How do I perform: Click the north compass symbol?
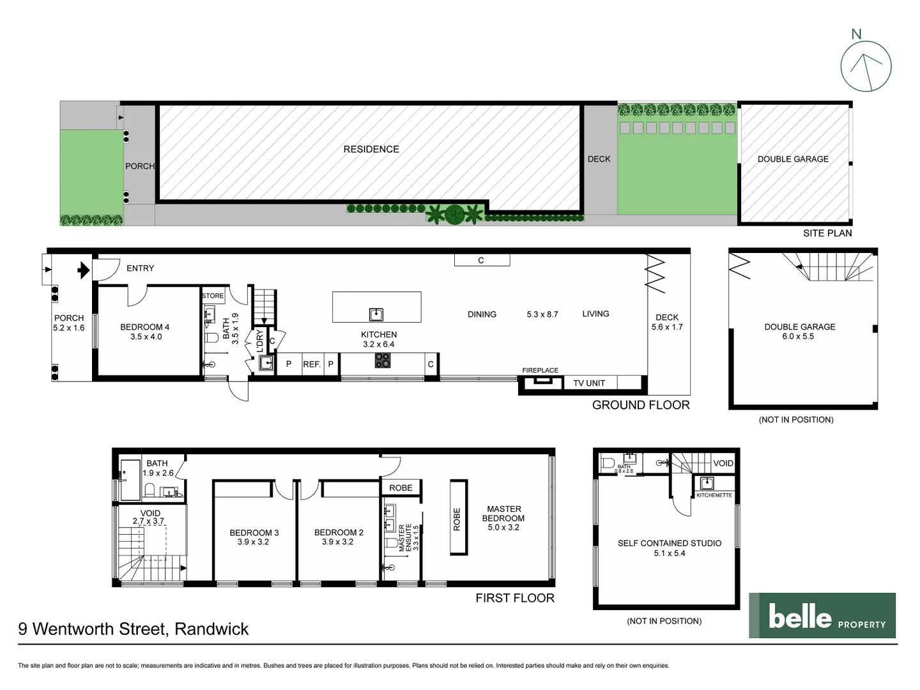[x=865, y=66]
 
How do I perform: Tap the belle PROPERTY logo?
[x=822, y=615]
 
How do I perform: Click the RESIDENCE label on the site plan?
[x=371, y=149]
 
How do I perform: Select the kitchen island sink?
[x=376, y=314]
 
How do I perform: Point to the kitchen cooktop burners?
[x=382, y=360]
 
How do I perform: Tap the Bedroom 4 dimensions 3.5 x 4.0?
[x=146, y=337]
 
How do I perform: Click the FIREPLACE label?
[x=540, y=371]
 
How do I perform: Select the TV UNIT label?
[x=588, y=383]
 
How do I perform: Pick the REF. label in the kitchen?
[x=311, y=364]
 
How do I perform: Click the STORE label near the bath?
[x=213, y=296]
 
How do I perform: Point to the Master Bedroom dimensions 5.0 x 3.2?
[x=503, y=528]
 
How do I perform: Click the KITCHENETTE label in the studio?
[x=714, y=495]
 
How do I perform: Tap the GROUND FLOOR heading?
[x=641, y=405]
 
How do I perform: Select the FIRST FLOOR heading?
[x=515, y=598]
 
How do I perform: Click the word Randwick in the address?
[x=211, y=629]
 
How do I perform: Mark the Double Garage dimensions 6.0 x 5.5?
[x=798, y=337]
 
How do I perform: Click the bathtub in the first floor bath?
[x=131, y=480]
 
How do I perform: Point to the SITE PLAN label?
[x=827, y=233]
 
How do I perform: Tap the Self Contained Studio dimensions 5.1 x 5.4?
[x=669, y=553]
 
